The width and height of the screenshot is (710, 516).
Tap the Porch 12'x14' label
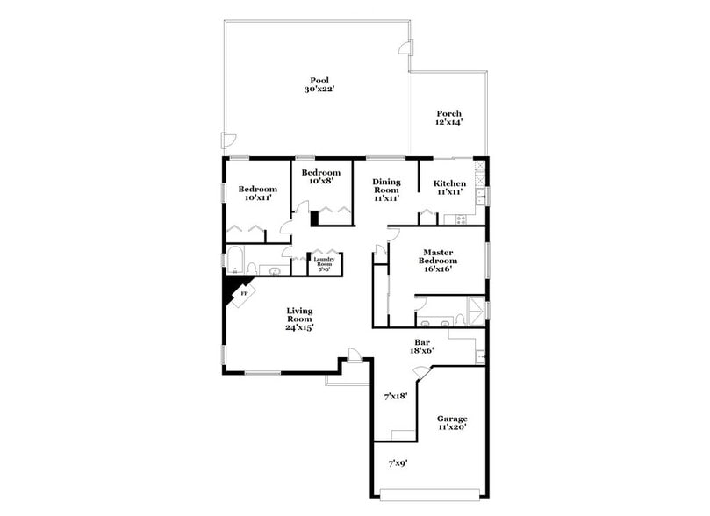pos(448,118)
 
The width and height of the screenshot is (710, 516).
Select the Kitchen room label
pos(448,187)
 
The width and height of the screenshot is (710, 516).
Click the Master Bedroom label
pos(438,261)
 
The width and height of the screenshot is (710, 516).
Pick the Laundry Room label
pos(324,263)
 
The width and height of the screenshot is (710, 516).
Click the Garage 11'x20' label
pos(452,423)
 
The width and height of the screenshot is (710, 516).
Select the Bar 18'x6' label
pos(421,345)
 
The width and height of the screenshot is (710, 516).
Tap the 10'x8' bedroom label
pos(320,177)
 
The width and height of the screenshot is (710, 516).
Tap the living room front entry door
pos(354,355)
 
